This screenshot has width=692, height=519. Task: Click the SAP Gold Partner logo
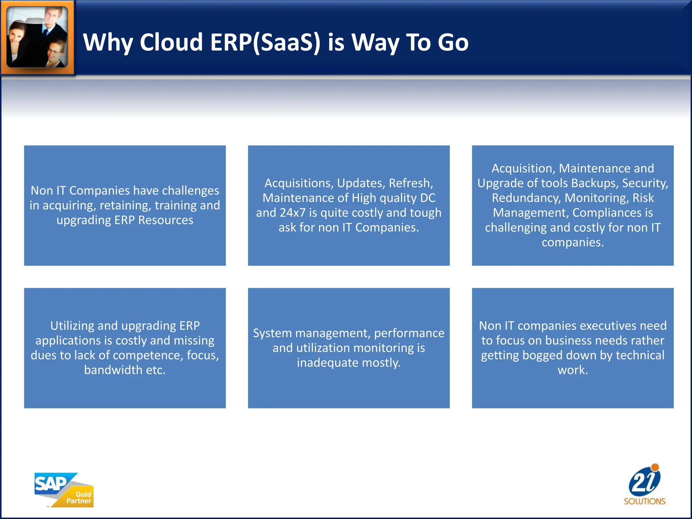tap(64, 490)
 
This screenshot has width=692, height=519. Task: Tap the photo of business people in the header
tap(37, 37)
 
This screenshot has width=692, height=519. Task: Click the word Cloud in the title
tap(171, 43)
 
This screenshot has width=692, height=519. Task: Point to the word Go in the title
tap(453, 43)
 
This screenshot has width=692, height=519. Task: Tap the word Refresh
tap(410, 183)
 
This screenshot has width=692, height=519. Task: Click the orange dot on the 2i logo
tap(655, 468)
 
